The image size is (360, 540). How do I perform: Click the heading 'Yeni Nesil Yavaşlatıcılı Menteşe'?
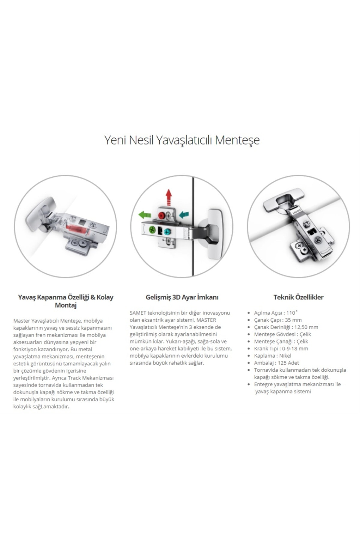[182, 140]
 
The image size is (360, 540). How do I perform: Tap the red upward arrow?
[169, 197]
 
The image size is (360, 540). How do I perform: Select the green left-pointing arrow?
[145, 214]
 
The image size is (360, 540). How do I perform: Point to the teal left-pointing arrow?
[184, 214]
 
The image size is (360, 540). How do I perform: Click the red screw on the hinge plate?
[162, 215]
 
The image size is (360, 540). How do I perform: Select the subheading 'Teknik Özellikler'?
[298, 297]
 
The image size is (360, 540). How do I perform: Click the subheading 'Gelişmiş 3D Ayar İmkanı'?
[182, 297]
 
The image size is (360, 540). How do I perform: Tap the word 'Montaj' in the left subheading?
[66, 305]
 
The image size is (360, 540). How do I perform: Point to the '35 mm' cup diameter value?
[293, 320]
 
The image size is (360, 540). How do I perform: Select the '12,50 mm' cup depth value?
[306, 327]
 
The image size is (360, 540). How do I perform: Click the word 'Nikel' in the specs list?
[285, 356]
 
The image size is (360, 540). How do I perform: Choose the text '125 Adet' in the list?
[288, 363]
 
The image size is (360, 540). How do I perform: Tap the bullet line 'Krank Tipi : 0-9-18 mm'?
[281, 349]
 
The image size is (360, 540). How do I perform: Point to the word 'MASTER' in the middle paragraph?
[206, 320]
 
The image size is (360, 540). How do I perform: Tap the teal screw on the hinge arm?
[167, 232]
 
